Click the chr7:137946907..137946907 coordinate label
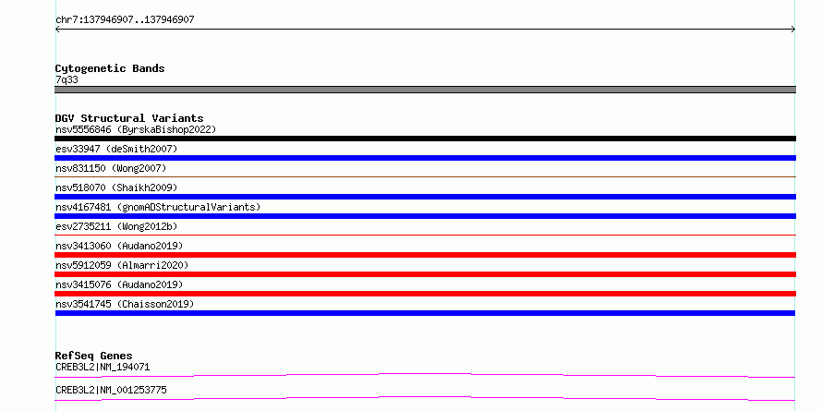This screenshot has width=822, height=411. (125, 20)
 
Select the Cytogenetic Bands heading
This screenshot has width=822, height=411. (110, 68)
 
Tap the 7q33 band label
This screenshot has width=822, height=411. (66, 80)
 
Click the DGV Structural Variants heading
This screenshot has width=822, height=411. (129, 118)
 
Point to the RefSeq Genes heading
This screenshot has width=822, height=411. (93, 356)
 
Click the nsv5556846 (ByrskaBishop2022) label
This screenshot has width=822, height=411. (136, 129)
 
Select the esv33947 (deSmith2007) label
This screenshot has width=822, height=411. (116, 149)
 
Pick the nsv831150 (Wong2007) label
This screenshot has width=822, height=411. (111, 168)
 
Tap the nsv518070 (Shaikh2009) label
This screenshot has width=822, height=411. (116, 187)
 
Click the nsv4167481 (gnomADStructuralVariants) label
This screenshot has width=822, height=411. (158, 207)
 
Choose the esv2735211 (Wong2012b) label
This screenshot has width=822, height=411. (116, 226)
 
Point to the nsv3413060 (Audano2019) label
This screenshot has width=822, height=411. (119, 246)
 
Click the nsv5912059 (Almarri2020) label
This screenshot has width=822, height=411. (122, 265)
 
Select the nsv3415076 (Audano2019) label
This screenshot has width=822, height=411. (119, 284)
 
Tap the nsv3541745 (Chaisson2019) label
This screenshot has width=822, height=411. (125, 304)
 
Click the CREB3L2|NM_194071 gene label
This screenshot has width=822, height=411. (103, 367)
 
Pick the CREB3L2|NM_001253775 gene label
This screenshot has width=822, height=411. (111, 390)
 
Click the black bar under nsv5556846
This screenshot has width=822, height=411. (425, 139)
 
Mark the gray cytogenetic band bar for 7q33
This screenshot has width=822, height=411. (425, 90)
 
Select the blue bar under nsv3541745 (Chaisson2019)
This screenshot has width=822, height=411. (425, 313)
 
